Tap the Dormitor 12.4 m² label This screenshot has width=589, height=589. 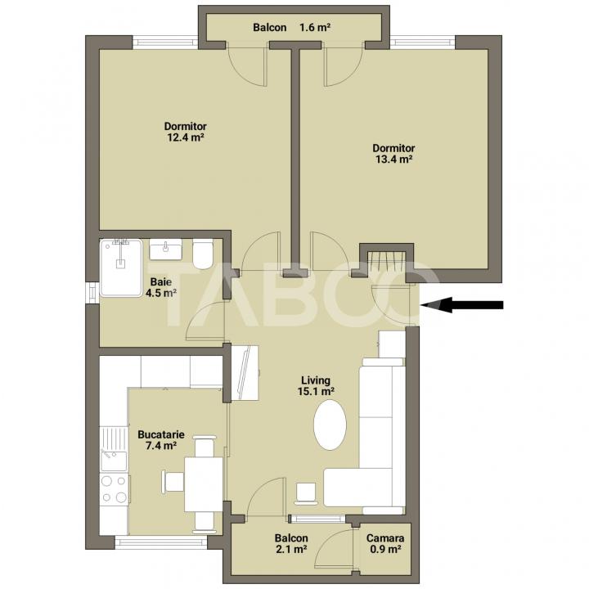coord(185,132)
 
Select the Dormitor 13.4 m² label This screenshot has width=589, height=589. coord(393,154)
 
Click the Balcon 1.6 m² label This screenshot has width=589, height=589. coord(291,28)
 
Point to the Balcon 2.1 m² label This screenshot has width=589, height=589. coord(290,544)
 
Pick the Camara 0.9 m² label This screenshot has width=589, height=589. coord(384,544)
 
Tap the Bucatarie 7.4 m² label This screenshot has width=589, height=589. coord(160,441)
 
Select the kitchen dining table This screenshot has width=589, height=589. coord(203,483)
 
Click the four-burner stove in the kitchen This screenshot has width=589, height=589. coord(113,490)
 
